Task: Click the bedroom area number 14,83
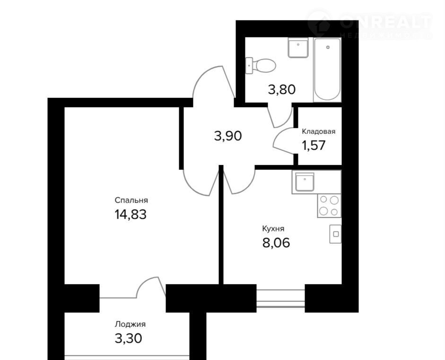[x=131, y=214]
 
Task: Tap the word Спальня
[x=131, y=200]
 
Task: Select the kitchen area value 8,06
[x=276, y=243]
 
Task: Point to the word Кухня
[x=273, y=228]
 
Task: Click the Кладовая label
[x=318, y=132]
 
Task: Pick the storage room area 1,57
[x=314, y=145]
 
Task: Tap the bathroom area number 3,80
[x=282, y=89]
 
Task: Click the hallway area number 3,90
[x=228, y=136]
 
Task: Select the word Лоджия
[x=130, y=324]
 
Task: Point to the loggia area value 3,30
[x=128, y=338]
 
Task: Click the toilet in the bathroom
[x=261, y=66]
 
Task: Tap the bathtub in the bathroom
[x=327, y=70]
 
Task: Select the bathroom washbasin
[x=298, y=48]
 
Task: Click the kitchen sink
[x=305, y=182]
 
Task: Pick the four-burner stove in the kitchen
[x=329, y=206]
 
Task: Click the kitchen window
[x=281, y=299]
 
